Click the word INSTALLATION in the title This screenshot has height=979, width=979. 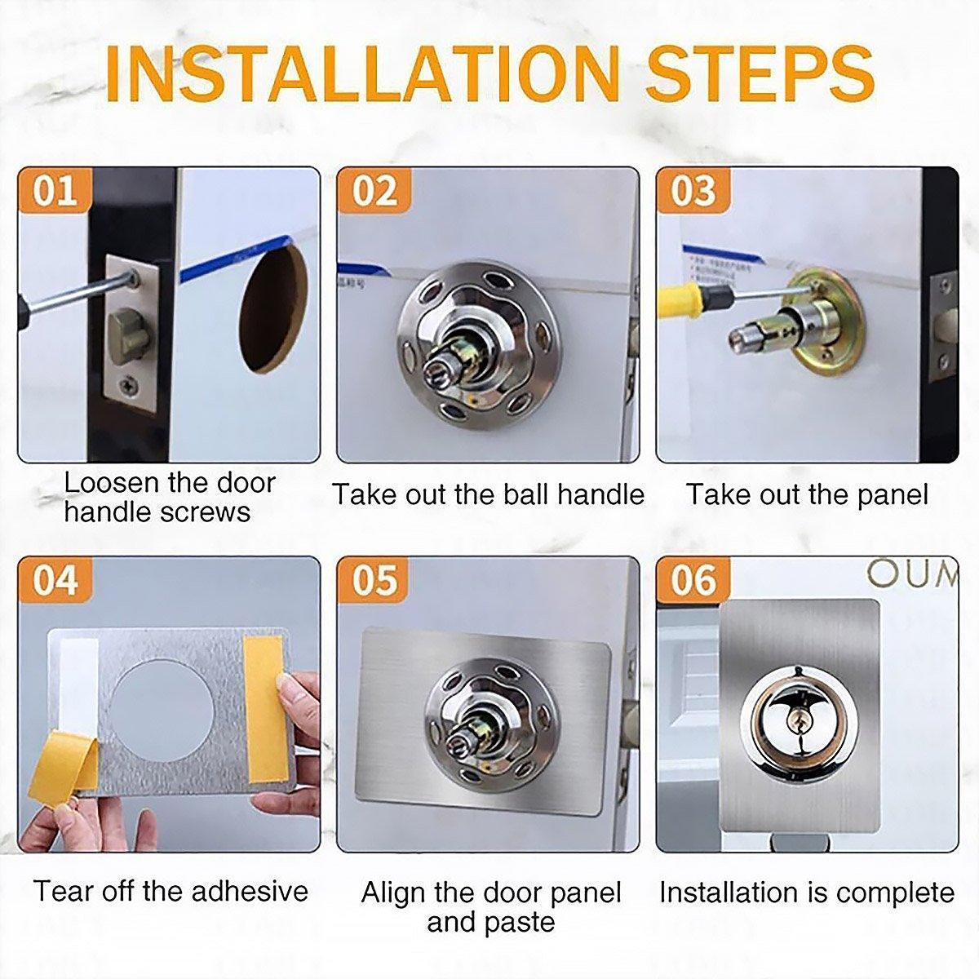[362, 74]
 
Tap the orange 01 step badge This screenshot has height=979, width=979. [55, 191]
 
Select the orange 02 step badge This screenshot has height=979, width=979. [374, 191]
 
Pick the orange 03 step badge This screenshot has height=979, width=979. [693, 191]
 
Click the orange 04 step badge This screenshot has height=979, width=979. [55, 580]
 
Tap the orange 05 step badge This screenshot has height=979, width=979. [374, 580]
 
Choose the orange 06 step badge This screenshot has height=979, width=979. [693, 580]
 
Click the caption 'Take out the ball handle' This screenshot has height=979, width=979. [488, 494]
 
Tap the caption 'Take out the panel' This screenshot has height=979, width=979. [806, 494]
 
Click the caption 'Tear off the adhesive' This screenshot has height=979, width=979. [171, 890]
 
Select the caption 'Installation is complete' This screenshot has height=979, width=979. [806, 893]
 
